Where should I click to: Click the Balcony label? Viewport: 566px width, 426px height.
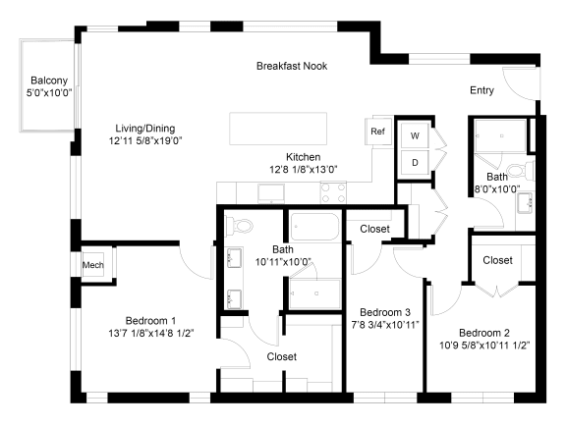coord(49,80)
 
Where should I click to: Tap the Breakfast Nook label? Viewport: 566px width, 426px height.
coord(292,66)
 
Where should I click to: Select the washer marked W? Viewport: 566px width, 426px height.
coord(415,135)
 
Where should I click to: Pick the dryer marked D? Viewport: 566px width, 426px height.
coord(415,163)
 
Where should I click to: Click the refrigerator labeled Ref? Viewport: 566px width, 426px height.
coord(378,132)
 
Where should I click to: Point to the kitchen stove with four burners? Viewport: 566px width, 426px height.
coord(333,192)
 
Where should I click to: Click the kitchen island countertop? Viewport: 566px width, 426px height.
coord(278,129)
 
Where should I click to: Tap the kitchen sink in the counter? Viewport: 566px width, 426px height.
coord(271,193)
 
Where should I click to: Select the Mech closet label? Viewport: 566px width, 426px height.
coord(93,265)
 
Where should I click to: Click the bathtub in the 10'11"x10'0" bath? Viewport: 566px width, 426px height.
coord(314,227)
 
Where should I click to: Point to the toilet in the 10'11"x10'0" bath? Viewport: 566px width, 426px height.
coord(238,226)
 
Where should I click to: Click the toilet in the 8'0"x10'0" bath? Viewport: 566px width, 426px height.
coord(520,171)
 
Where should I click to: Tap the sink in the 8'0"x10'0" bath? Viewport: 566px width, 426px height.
coord(525,203)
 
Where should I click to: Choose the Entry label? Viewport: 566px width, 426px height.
coord(481,90)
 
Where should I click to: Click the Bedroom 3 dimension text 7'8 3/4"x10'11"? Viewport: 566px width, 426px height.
coord(385,325)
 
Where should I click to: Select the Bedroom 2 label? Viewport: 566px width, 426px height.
coord(484,333)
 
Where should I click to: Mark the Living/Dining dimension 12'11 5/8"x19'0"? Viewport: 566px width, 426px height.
coord(145,140)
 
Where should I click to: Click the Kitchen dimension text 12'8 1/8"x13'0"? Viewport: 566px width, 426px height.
coord(304,169)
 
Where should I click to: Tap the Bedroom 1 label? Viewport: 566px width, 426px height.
coord(151,320)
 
